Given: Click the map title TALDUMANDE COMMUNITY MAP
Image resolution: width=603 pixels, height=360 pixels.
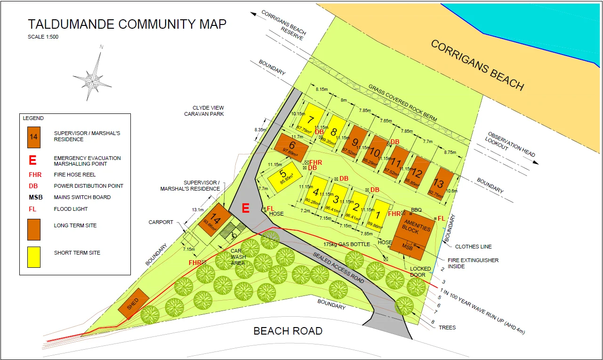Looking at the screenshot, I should [x=127, y=24].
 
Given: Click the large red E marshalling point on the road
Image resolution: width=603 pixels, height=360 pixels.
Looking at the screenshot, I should [x=245, y=208].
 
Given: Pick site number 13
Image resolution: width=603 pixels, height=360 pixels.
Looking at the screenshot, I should [x=440, y=184].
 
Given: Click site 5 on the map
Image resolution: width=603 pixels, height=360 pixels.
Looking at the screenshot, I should [x=282, y=176].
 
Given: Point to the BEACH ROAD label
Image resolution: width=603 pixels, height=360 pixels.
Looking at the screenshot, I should [x=288, y=331].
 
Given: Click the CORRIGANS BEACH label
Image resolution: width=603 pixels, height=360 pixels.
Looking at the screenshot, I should [x=477, y=65].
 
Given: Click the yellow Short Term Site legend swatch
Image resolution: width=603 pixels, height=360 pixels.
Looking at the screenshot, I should [x=33, y=257].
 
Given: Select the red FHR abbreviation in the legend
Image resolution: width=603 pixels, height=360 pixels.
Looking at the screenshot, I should [x=35, y=175].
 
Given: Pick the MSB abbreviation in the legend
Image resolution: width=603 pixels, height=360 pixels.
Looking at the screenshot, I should [x=36, y=197].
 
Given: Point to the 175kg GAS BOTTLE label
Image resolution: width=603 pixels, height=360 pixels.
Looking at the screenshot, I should [x=346, y=244].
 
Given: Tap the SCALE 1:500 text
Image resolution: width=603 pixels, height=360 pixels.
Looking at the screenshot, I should [x=43, y=37].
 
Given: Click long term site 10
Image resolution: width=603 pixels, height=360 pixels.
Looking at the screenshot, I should [x=375, y=152].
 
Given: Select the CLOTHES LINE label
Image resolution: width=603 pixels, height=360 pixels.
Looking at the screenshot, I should [x=473, y=247].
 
